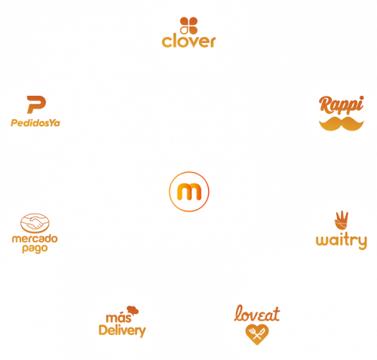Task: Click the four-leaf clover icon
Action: coord(188,26)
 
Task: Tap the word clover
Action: coord(188,42)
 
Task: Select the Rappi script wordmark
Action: coord(342,105)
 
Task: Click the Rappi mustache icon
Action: coord(342,124)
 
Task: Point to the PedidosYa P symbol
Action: coord(36,104)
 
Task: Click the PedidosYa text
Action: coord(35,123)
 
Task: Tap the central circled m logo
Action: coord(189,192)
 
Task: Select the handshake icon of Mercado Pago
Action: coord(35,223)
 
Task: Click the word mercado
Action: coord(35,238)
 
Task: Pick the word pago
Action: coord(35,249)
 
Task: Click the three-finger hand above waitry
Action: coord(342,220)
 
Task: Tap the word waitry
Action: coord(342,241)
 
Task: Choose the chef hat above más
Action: coord(133,310)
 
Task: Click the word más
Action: coord(118,318)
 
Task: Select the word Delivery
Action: coord(122,331)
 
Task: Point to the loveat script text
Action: coord(256,313)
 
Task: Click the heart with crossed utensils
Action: coord(257,334)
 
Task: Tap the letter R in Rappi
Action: coord(326,103)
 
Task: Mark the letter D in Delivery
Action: coord(103,330)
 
